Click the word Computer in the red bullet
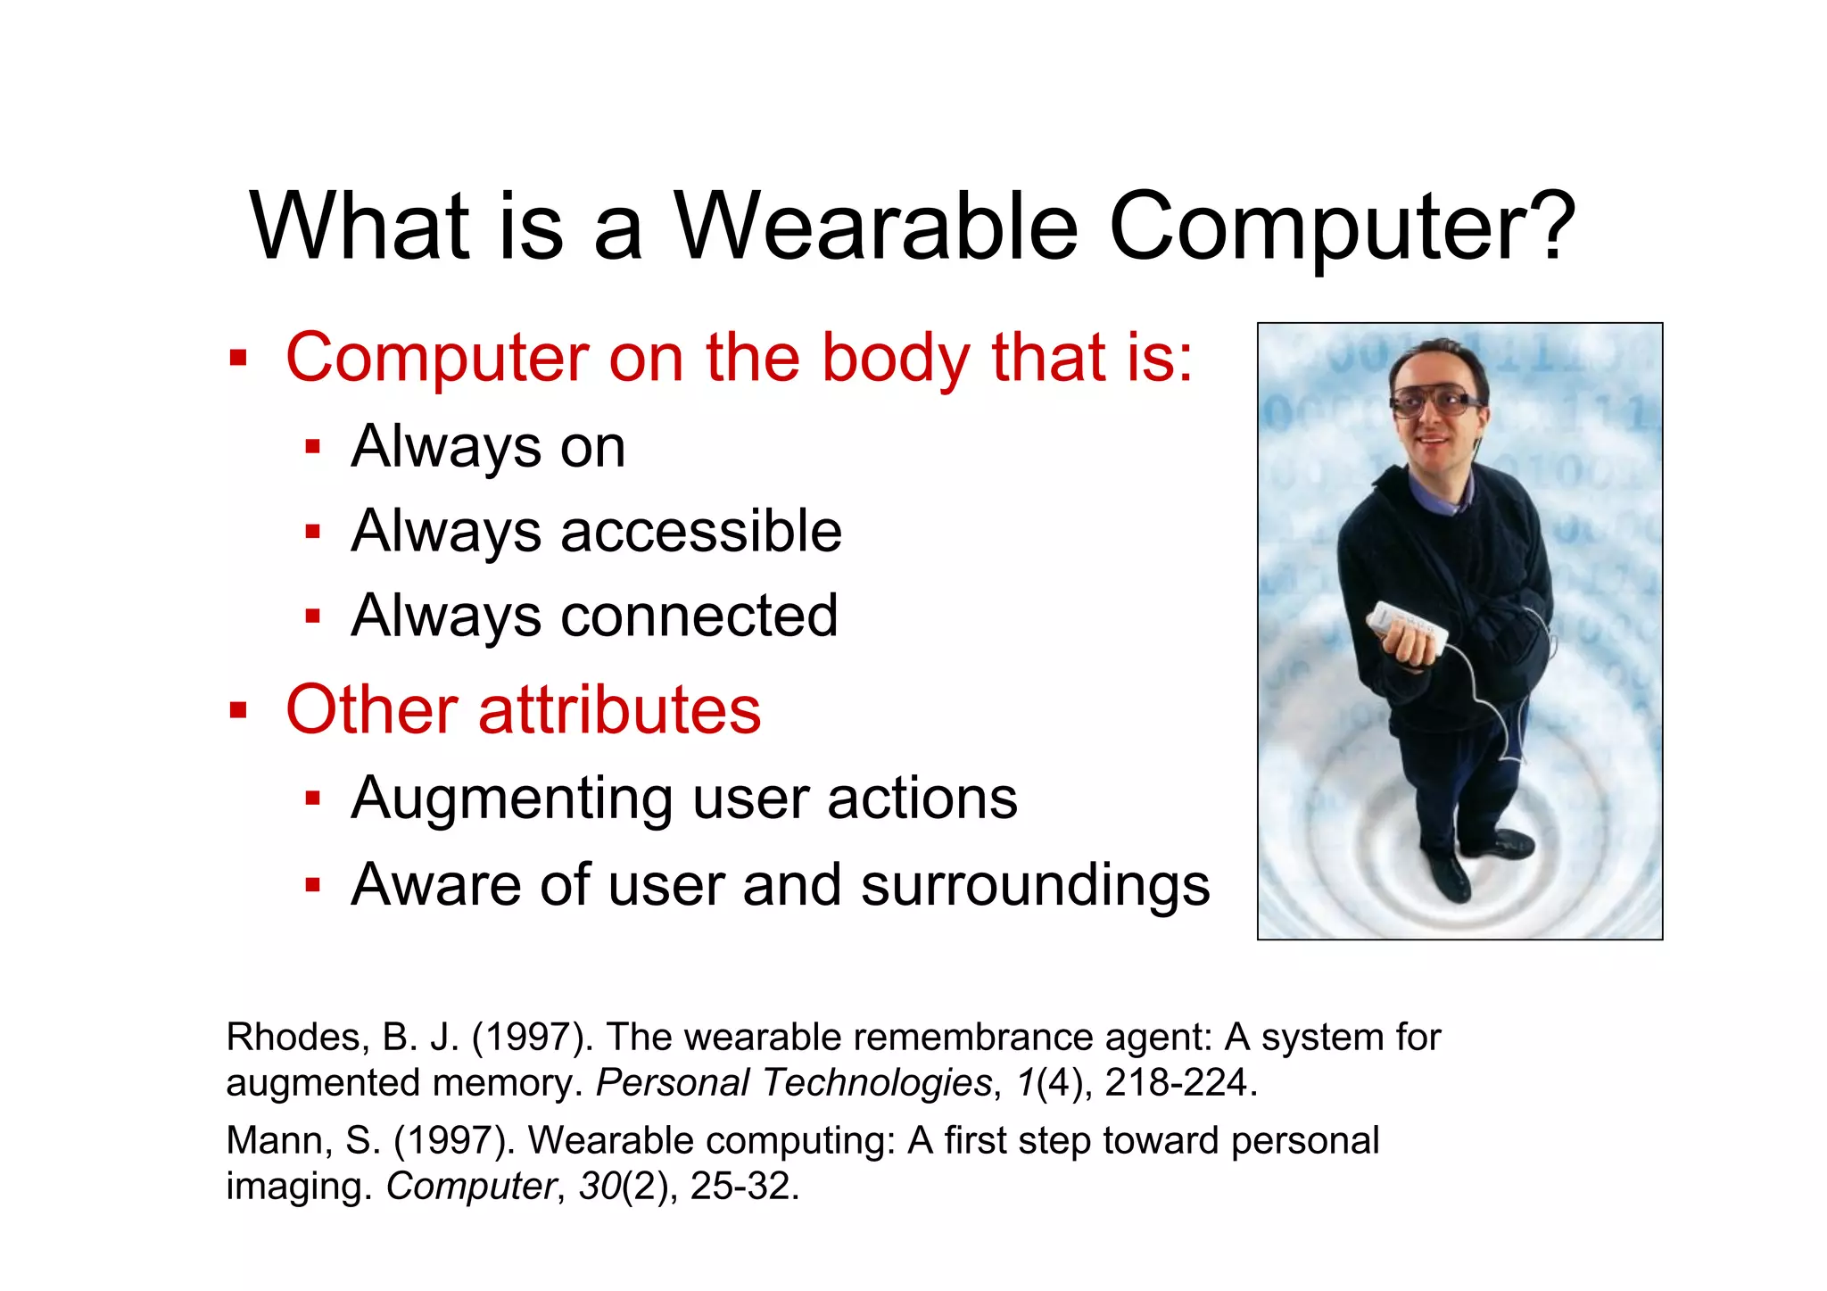[x=437, y=358]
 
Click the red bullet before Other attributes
[x=237, y=711]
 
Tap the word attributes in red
[x=619, y=710]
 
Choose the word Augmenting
[x=512, y=798]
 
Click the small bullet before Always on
[x=312, y=447]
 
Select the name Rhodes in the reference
[x=293, y=1038]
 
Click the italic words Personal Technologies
[x=793, y=1083]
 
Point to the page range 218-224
[x=1175, y=1083]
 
